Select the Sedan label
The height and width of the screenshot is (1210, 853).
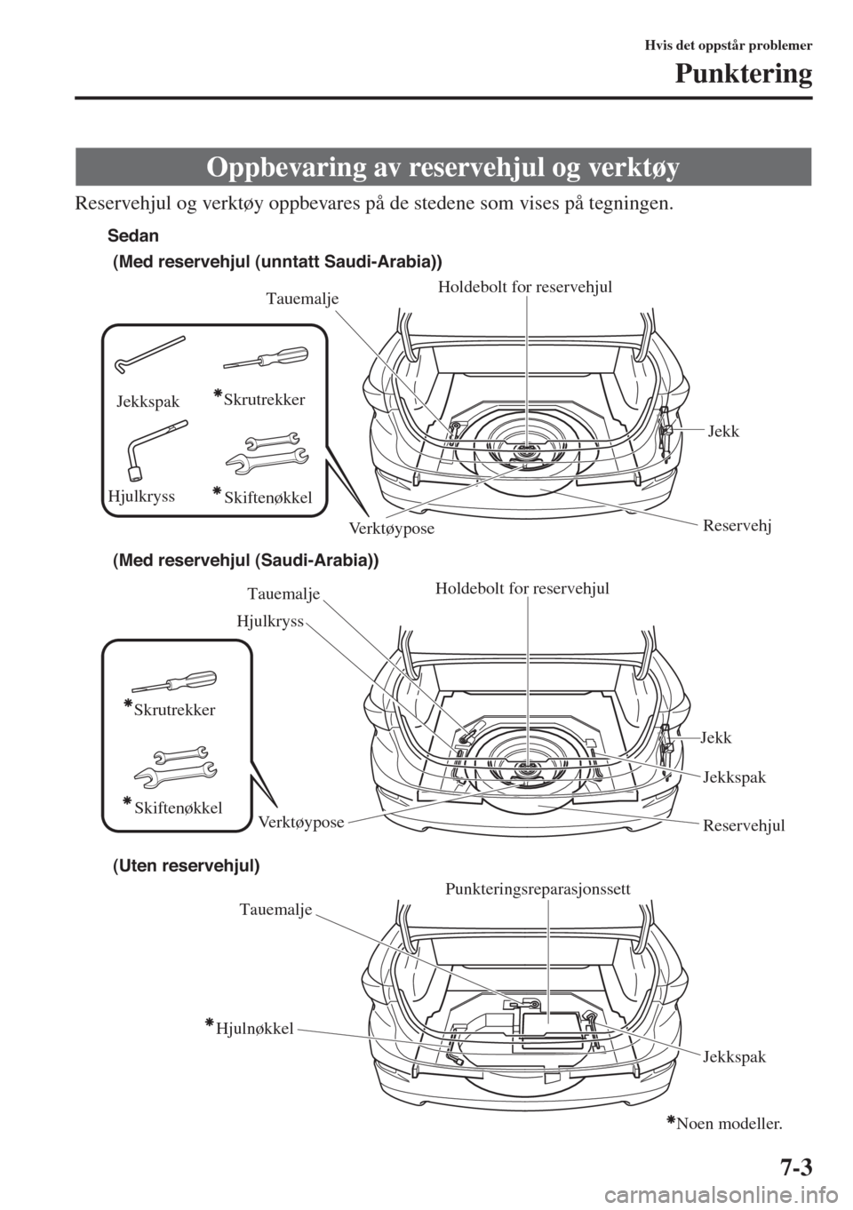point(132,235)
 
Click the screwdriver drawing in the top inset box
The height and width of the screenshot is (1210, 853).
point(264,357)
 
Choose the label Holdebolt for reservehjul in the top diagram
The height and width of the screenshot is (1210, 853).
point(526,286)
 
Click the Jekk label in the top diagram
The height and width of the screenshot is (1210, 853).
point(723,431)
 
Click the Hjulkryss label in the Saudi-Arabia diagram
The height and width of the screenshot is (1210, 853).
point(270,623)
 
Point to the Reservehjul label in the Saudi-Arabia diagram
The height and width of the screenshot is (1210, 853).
point(744,825)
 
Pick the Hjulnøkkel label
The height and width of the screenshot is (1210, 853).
point(249,1029)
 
